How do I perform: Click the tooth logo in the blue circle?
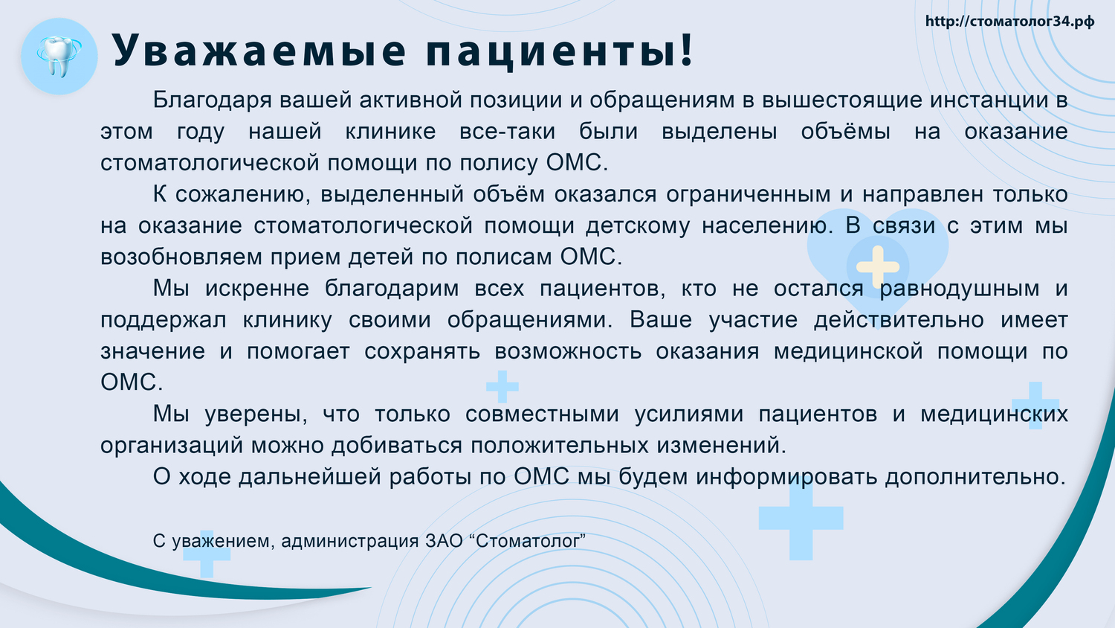tap(59, 57)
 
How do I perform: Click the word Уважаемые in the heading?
tap(259, 51)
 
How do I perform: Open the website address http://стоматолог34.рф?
tap(1009, 22)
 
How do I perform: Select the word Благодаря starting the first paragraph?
tap(212, 100)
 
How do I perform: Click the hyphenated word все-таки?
tap(507, 132)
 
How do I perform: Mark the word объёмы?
tap(845, 132)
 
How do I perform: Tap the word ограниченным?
tap(748, 194)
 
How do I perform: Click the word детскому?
tap(638, 225)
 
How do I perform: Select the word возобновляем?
tap(181, 257)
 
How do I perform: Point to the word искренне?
tap(257, 289)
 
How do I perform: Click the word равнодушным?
tap(960, 289)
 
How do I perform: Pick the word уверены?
tap(256, 414)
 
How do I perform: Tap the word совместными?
tap(542, 414)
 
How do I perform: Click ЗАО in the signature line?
tap(444, 541)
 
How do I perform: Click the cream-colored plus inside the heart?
tap(878, 266)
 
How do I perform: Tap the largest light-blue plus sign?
tap(801, 519)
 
